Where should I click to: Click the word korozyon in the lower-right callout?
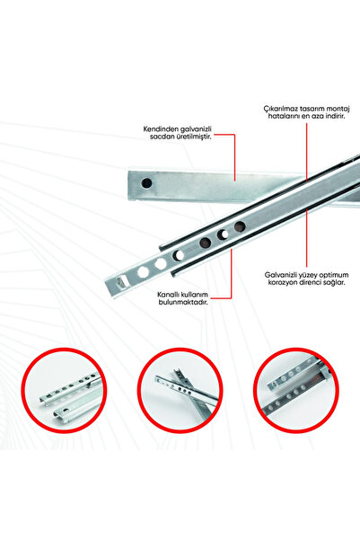coord(273,281)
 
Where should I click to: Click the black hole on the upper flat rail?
coord(146,182)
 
